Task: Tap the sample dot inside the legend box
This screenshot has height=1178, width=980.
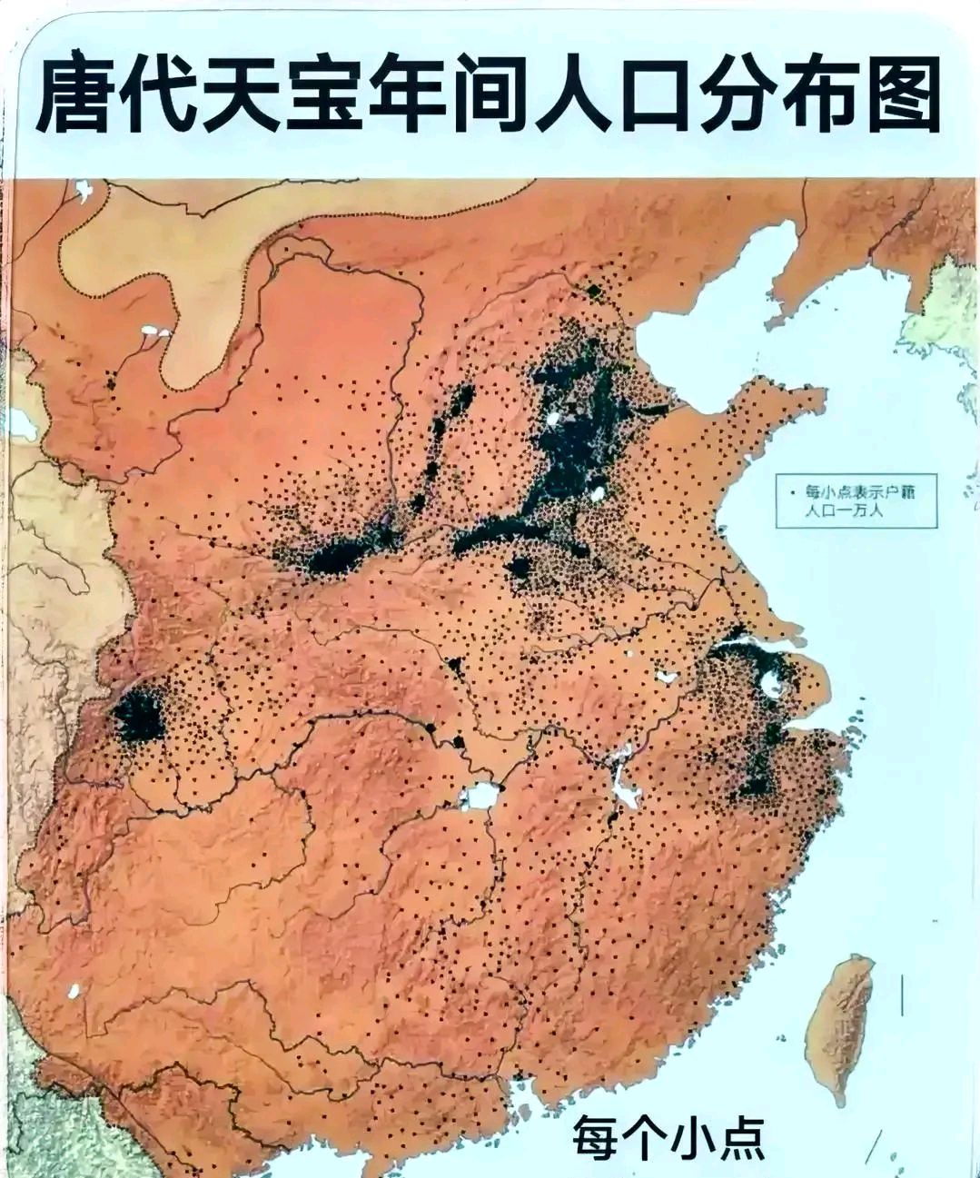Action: click(791, 491)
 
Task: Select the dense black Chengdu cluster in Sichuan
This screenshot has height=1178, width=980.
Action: click(139, 714)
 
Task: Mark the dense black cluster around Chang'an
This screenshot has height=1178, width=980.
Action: click(336, 557)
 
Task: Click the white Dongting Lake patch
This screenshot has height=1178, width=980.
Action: click(480, 797)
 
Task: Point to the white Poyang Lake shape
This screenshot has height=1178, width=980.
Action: click(624, 787)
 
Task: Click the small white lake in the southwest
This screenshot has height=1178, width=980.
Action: click(74, 991)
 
